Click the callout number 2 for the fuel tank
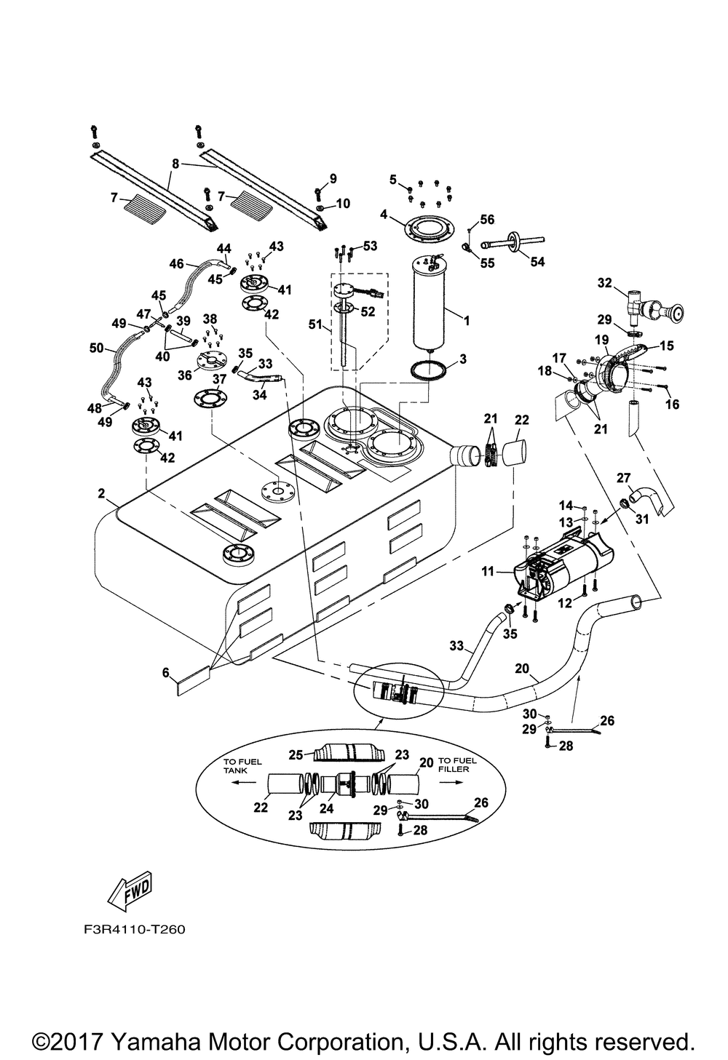point(102,494)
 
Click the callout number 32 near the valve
point(604,282)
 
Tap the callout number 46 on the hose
point(176,264)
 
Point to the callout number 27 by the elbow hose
point(623,477)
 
